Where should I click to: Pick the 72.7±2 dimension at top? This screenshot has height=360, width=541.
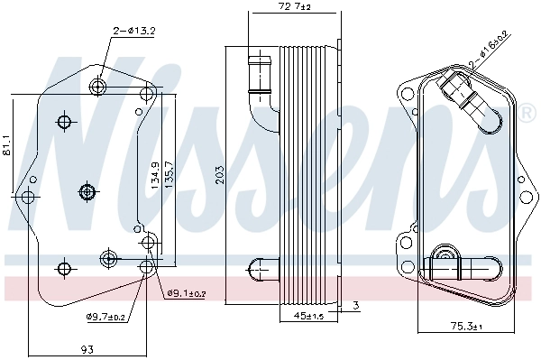coord(293,8)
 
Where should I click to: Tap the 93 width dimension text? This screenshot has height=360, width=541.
coord(88,349)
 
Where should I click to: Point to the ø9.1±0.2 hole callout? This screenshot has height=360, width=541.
coord(187,293)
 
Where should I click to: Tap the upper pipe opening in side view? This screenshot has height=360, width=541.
coord(259,61)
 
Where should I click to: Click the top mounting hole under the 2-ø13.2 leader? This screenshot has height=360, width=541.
coord(100,87)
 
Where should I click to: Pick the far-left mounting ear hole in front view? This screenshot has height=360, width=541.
coord(28,196)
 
